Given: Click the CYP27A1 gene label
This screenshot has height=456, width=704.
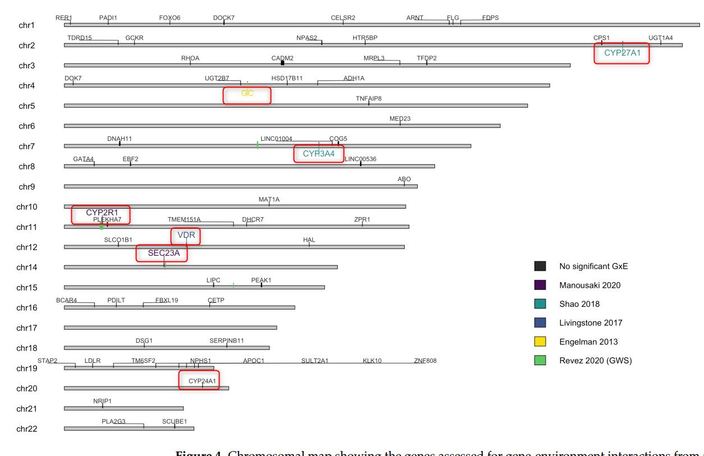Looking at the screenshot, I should [x=622, y=53].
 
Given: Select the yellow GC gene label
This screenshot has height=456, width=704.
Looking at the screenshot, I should [x=247, y=94].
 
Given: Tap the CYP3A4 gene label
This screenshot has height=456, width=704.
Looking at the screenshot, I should [x=318, y=153].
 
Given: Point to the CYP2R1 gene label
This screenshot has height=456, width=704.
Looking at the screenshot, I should [x=102, y=213].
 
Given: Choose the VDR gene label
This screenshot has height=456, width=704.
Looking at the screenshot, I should [x=186, y=235].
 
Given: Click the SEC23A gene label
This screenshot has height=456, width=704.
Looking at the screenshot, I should [x=163, y=253].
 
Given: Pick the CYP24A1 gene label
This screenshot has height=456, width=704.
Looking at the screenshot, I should [x=202, y=381].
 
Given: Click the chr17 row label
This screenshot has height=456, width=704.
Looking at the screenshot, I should [x=27, y=328].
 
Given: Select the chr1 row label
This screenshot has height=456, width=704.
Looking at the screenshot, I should [x=27, y=25].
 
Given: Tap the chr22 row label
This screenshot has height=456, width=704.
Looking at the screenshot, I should [x=27, y=429].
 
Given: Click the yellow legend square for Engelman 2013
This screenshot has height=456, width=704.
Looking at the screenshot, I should [x=540, y=342].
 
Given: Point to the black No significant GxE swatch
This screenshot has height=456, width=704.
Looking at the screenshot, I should [x=540, y=266].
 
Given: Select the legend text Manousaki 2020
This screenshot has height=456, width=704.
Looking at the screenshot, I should [x=589, y=285].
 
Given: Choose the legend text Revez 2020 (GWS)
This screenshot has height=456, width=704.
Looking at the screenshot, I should [x=595, y=361].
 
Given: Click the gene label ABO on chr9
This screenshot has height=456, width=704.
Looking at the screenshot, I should [x=404, y=179].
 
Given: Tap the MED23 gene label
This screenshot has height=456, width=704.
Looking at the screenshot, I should [x=400, y=119].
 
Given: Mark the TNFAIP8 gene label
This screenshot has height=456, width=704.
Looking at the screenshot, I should [x=368, y=99].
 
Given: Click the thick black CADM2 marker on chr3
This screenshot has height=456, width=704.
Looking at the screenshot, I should [x=282, y=63].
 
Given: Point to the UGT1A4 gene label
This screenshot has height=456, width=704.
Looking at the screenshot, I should [x=660, y=38].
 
